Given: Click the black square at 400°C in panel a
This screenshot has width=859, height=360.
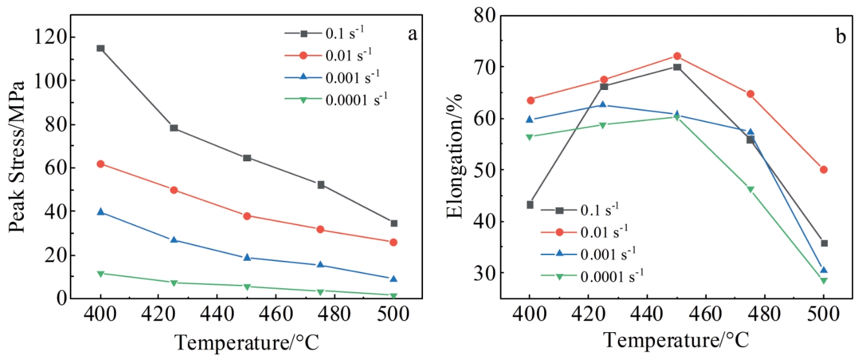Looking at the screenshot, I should [100, 48].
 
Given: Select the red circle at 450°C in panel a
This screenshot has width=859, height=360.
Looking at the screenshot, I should [247, 216].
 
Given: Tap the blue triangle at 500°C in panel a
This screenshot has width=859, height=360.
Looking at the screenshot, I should [393, 278].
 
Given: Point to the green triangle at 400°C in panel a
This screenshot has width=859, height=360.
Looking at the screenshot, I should [100, 274].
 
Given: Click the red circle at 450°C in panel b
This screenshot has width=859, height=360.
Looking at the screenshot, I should [677, 56].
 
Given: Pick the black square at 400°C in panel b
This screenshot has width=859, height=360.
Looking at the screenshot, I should [530, 205].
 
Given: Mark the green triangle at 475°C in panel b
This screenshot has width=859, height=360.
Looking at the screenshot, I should [750, 190].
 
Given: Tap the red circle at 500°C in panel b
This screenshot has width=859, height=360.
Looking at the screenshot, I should [823, 170].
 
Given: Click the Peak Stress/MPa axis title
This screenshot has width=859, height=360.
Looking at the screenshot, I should [17, 157].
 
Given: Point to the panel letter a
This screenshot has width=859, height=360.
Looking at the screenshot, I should [412, 34].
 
